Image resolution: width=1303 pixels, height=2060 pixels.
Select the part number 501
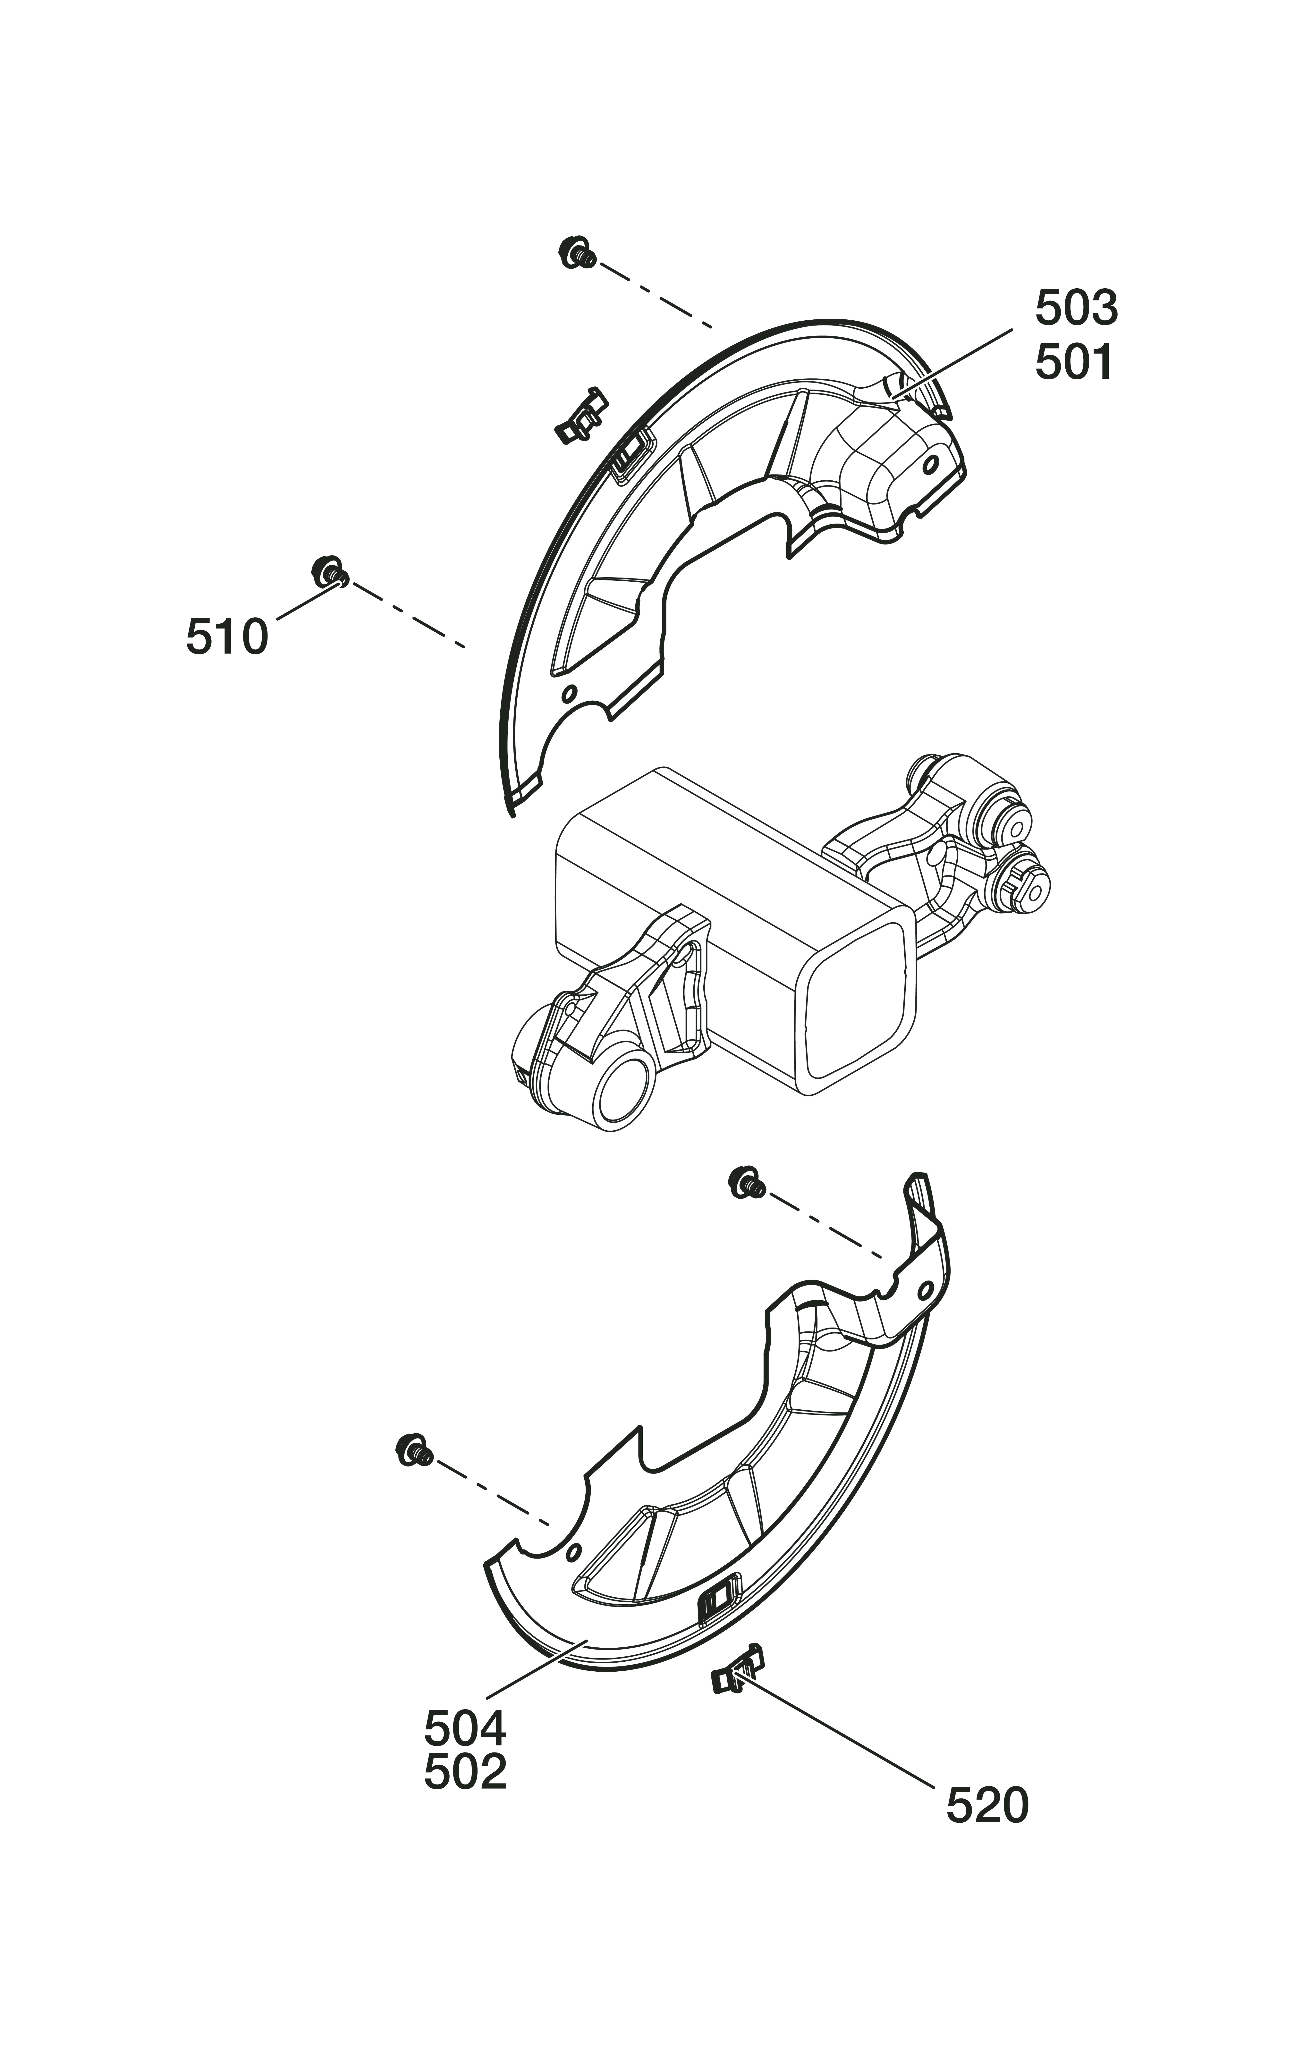tap(1074, 363)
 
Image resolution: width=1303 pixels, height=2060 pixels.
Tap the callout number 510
tap(226, 637)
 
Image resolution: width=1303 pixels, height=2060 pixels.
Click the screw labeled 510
tap(329, 571)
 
